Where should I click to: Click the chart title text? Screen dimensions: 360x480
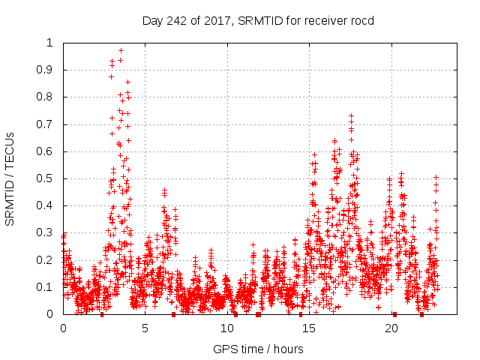(x=258, y=20)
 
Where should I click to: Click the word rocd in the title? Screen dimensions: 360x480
(x=361, y=20)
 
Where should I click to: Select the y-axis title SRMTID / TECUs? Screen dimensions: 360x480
(x=10, y=178)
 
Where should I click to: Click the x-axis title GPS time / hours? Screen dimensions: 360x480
(x=258, y=349)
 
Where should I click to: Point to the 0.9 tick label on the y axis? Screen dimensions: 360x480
(x=46, y=70)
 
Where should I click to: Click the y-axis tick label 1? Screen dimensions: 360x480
(x=50, y=43)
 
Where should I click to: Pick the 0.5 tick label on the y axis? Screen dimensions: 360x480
(x=46, y=178)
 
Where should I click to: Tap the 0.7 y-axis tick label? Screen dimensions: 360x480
(x=46, y=124)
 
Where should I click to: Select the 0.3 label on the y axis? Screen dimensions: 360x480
(x=46, y=232)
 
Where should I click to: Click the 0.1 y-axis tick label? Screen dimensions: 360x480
(x=46, y=287)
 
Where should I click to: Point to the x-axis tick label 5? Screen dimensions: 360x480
(x=145, y=328)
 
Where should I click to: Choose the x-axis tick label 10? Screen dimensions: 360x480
(x=227, y=328)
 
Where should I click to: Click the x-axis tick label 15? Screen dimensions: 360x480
(x=309, y=328)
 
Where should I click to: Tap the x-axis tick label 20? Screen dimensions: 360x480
(x=391, y=328)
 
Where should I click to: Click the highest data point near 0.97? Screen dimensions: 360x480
(x=121, y=51)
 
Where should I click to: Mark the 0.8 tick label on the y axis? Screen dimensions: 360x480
(x=46, y=97)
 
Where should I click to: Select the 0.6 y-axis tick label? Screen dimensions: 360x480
(x=46, y=151)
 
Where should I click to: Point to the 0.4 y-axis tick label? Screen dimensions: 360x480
(x=46, y=205)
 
